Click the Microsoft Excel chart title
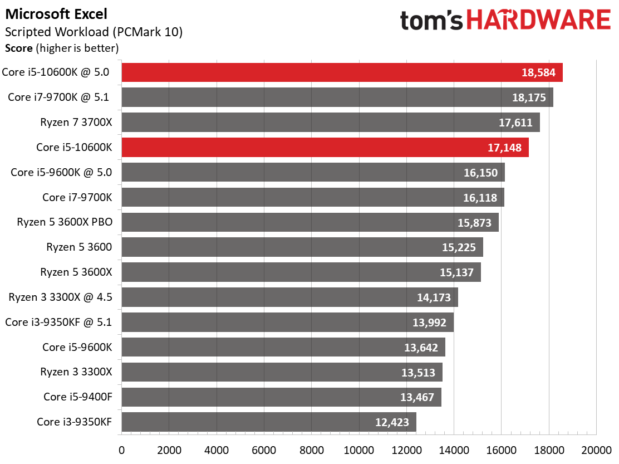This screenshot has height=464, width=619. [x=56, y=14]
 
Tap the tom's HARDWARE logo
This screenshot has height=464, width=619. [x=505, y=21]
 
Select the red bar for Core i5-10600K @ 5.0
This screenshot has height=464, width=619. [x=342, y=72]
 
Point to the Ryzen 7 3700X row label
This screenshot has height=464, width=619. [x=76, y=122]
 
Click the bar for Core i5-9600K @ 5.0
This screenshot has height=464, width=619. [x=313, y=172]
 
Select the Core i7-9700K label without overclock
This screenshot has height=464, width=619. [x=77, y=197]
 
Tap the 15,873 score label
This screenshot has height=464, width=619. [x=474, y=222]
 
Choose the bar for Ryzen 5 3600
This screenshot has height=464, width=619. [x=302, y=247]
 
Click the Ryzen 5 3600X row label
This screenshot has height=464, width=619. [x=76, y=272]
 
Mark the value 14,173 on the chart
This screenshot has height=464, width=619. [x=434, y=297]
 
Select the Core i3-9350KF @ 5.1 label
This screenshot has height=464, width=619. [x=58, y=322]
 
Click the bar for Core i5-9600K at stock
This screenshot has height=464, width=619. [x=283, y=347]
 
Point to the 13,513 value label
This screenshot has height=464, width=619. [x=417, y=372]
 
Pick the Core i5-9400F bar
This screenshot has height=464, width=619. [x=281, y=397]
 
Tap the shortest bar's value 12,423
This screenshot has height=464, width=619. [x=392, y=422]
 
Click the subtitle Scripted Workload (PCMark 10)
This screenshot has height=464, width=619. [x=94, y=32]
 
